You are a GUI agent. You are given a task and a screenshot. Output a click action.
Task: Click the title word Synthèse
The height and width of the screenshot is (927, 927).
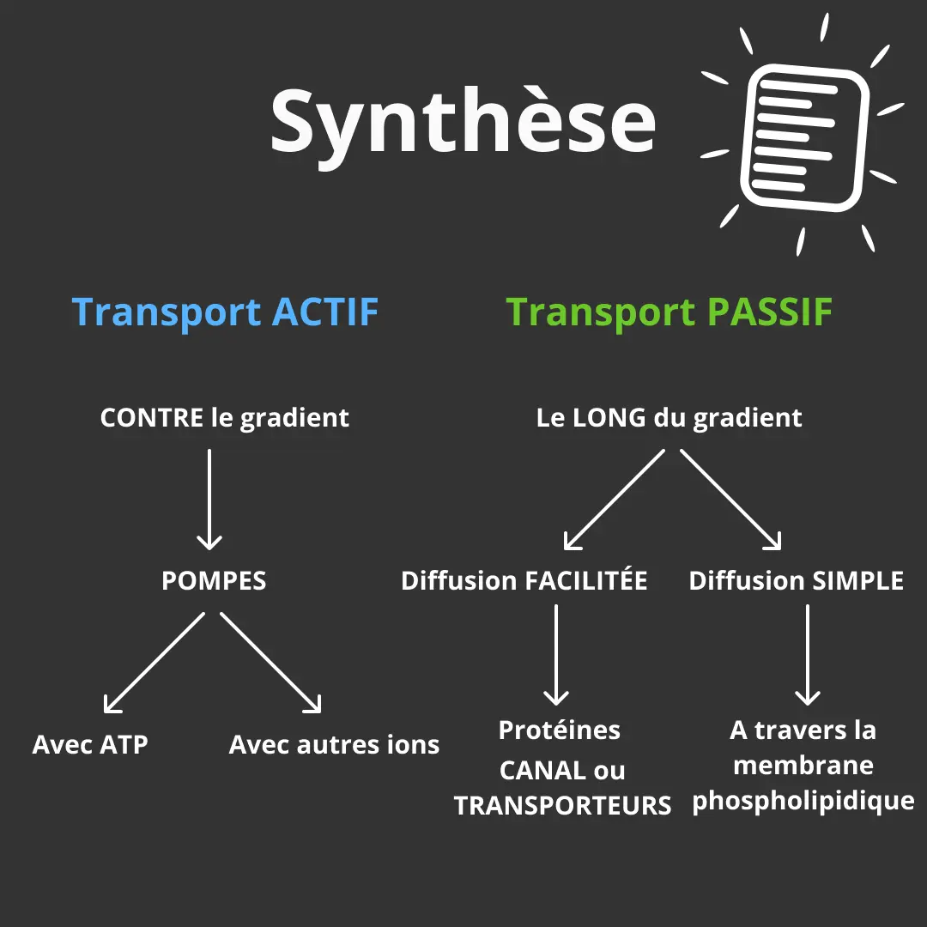click(463, 125)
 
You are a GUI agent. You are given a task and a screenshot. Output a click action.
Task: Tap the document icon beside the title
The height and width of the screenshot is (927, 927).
click(804, 137)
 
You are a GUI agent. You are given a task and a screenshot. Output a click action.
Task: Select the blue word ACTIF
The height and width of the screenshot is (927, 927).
click(325, 312)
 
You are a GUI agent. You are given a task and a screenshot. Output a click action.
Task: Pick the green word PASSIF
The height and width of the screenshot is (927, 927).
click(769, 312)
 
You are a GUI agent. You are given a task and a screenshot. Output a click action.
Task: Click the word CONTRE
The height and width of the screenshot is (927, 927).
click(152, 417)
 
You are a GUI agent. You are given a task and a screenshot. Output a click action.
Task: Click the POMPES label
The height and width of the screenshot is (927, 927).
click(214, 580)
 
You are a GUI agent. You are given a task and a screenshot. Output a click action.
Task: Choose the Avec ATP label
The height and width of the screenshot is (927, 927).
click(90, 744)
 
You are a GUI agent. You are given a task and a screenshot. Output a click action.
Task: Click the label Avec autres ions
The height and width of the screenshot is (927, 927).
click(334, 744)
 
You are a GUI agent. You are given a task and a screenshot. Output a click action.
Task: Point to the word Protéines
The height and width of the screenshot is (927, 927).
click(560, 730)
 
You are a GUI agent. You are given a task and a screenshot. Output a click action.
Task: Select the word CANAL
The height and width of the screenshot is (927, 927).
click(542, 770)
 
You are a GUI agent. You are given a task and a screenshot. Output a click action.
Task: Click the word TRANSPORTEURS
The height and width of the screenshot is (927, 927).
click(562, 805)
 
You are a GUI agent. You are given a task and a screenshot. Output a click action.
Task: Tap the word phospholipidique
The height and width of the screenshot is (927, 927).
click(803, 802)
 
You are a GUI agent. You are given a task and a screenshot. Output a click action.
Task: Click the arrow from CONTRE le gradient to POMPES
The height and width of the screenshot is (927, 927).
click(209, 500)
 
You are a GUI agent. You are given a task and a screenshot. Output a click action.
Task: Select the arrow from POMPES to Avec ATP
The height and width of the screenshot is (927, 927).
click(154, 663)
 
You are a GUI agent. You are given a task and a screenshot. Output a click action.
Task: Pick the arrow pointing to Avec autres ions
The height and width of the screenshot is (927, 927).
click(270, 663)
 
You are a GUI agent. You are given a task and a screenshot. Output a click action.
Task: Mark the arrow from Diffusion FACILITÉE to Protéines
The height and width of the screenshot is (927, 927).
click(556, 654)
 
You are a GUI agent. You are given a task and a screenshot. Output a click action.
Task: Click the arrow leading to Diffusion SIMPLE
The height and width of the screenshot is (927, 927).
click(730, 500)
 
